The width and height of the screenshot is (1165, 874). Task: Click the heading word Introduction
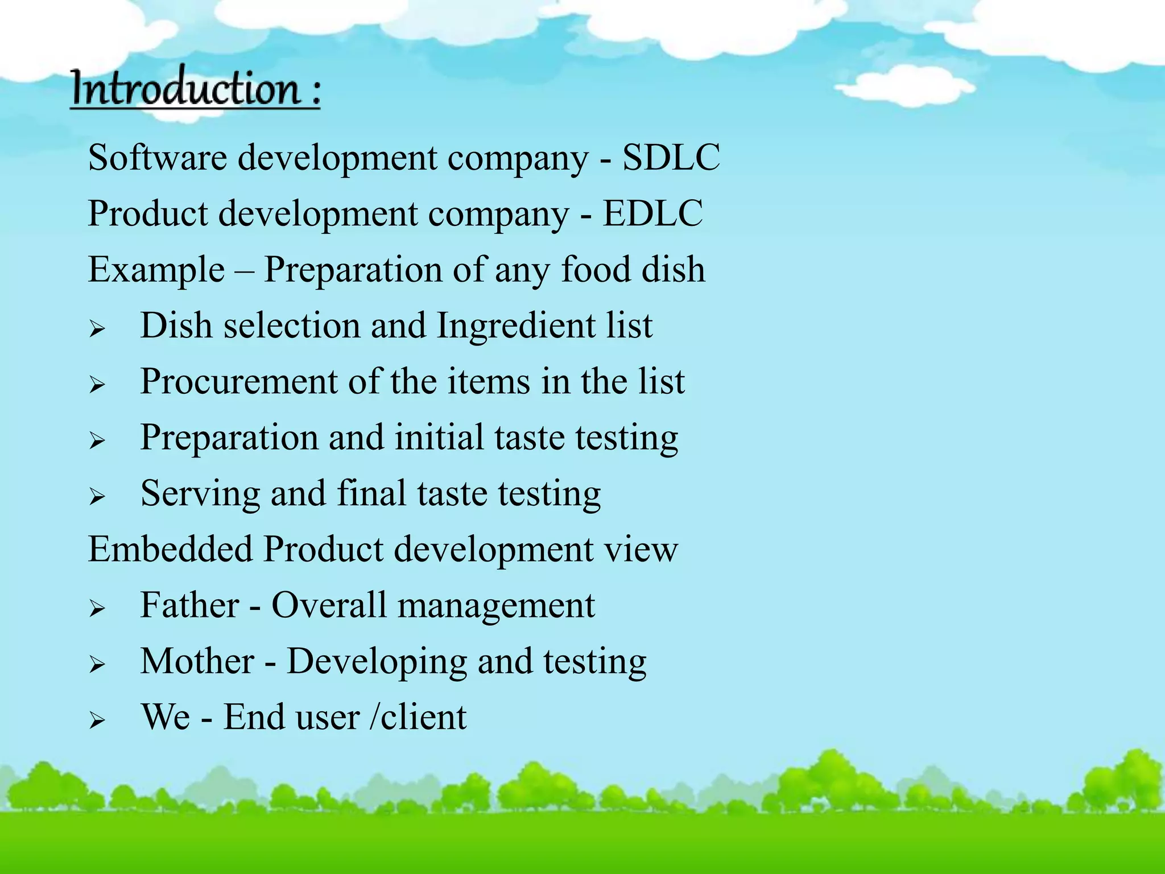(185, 88)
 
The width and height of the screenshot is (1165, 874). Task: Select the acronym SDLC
(671, 158)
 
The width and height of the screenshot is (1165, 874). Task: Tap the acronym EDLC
(652, 214)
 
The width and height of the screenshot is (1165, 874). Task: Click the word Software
(157, 158)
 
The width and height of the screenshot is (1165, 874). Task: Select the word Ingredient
(515, 326)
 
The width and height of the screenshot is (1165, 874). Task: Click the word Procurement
(239, 381)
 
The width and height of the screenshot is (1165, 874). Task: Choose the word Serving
(200, 494)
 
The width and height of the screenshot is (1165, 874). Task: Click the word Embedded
(170, 549)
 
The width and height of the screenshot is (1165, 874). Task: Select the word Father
(189, 605)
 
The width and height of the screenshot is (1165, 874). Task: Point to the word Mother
(197, 661)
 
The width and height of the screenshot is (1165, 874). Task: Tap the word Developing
(377, 662)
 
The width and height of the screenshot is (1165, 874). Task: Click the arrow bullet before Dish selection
(97, 329)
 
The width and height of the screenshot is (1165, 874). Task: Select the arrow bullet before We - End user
(97, 721)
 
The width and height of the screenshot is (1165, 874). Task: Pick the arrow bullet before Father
(97, 609)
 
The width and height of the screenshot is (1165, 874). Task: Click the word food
(596, 270)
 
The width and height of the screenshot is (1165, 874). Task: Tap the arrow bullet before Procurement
(97, 385)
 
